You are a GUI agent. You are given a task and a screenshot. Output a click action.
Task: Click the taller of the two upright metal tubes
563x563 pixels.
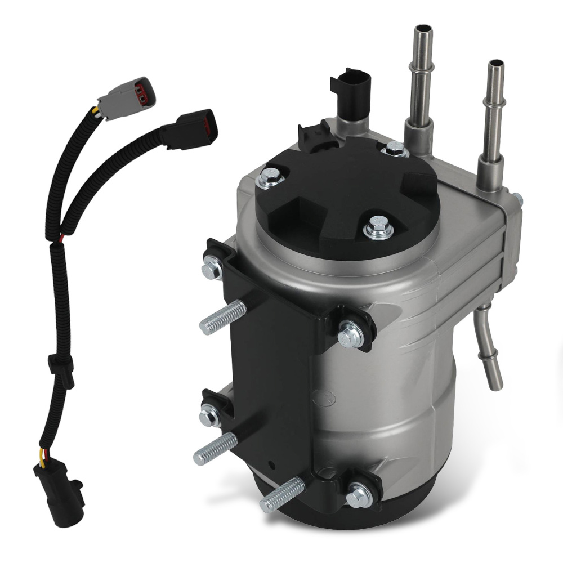tap(422, 73)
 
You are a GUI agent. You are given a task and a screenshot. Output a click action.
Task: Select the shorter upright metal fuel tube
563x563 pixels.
tap(494, 113)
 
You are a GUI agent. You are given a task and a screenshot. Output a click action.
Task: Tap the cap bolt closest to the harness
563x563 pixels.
tap(269, 180)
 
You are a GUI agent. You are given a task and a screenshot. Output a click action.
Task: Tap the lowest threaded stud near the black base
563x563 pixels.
tap(282, 494)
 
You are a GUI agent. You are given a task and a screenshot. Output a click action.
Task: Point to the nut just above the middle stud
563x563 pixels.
tap(209, 415)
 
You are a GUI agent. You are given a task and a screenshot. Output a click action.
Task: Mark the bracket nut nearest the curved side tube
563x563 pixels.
tap(350, 334)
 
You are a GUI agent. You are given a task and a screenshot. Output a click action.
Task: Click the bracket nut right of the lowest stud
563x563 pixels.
tap(359, 496)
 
